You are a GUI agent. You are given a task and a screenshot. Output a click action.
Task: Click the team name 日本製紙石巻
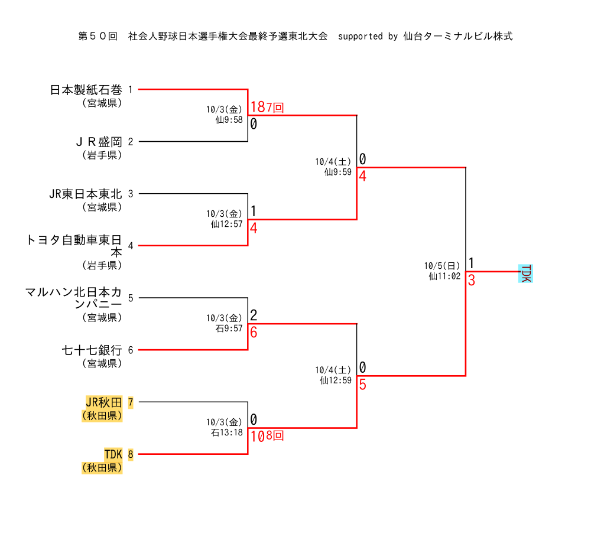point(86,90)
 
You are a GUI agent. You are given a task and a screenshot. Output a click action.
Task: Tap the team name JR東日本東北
point(86,194)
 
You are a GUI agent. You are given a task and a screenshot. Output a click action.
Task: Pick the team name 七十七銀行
point(92,350)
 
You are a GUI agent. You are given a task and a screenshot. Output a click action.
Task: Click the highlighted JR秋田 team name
point(103,402)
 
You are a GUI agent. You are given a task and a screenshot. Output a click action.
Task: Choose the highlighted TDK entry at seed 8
point(113,454)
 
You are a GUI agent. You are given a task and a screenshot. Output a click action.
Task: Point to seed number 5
point(131,298)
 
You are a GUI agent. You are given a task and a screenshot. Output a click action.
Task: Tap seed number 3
point(131,194)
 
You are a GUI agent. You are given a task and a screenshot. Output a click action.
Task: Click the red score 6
point(254,332)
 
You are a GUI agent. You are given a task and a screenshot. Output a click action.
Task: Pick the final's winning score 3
point(472,280)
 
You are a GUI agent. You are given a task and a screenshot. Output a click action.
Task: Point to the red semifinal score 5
point(362,385)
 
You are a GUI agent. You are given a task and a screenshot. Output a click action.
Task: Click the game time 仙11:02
point(444,275)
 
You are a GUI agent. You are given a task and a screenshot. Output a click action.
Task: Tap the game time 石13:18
point(227,432)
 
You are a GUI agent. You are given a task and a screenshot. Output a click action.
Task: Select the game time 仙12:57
point(227,224)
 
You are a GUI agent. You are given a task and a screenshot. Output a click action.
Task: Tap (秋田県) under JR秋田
point(102,415)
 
